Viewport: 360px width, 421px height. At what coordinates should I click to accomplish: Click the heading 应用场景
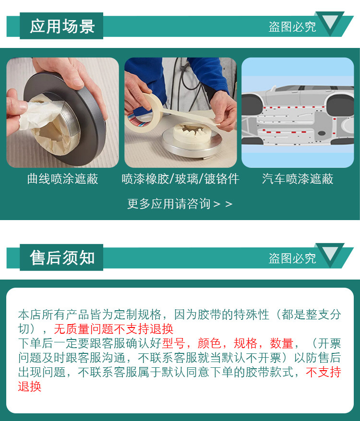coord(62,26)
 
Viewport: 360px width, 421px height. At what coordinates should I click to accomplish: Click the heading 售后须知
coord(62,258)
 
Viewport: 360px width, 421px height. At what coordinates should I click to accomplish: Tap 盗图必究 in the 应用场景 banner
coord(292,27)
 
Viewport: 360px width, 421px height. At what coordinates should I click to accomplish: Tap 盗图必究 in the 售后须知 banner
coord(292,258)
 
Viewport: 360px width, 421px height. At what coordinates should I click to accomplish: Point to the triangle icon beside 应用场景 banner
coord(330,23)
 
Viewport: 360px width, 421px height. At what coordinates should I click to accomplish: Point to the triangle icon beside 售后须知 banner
coord(330,254)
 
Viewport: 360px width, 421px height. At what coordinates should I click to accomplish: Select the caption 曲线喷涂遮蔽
coord(63,179)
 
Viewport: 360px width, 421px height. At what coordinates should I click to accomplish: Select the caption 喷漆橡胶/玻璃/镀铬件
coord(180,179)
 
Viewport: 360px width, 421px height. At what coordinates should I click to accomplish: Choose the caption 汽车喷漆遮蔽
coord(298,179)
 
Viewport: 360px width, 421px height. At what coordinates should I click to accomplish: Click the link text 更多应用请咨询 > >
coord(180,204)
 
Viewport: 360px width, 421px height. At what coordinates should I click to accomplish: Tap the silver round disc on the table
coord(192,142)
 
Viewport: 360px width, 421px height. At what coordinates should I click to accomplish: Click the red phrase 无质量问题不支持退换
coord(114,328)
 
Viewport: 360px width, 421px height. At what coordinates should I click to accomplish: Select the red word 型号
coord(173,343)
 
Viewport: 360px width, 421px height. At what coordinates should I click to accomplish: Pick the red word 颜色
coord(209,343)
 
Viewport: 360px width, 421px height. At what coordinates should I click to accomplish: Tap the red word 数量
coord(281,343)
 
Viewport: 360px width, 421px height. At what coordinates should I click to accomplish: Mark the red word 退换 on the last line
coord(30,386)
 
